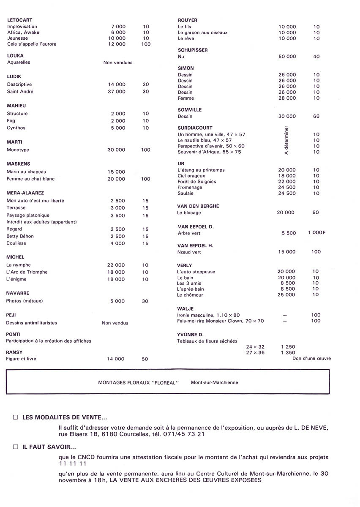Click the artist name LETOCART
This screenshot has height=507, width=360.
tap(20, 20)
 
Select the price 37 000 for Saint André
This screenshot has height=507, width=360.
tap(117, 92)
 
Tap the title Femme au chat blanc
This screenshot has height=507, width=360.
tap(31, 179)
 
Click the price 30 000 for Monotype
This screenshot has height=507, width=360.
tap(117, 150)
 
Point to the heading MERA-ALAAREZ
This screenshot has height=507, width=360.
tap(25, 193)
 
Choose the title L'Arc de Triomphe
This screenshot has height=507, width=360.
tap(27, 272)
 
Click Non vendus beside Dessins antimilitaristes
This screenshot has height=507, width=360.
tap(115, 323)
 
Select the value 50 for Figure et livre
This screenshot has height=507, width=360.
tap(145, 359)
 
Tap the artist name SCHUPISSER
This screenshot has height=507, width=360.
tap(193, 50)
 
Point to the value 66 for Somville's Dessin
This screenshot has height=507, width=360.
tap(316, 116)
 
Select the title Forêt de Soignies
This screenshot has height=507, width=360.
tap(196, 182)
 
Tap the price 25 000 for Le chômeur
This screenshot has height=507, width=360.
tap(286, 295)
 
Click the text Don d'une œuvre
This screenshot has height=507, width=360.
tap(311, 358)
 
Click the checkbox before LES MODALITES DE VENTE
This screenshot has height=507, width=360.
tap(16, 417)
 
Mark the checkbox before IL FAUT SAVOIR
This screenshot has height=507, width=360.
tap(16, 446)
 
